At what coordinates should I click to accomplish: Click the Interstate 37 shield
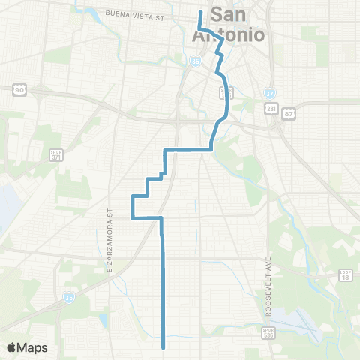[270, 93]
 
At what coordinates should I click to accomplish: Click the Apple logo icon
[11, 347]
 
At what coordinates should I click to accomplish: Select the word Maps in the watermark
[33, 347]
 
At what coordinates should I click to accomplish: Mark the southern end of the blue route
[163, 346]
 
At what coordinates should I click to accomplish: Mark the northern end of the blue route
[199, 12]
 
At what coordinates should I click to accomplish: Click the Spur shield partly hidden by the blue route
[223, 92]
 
